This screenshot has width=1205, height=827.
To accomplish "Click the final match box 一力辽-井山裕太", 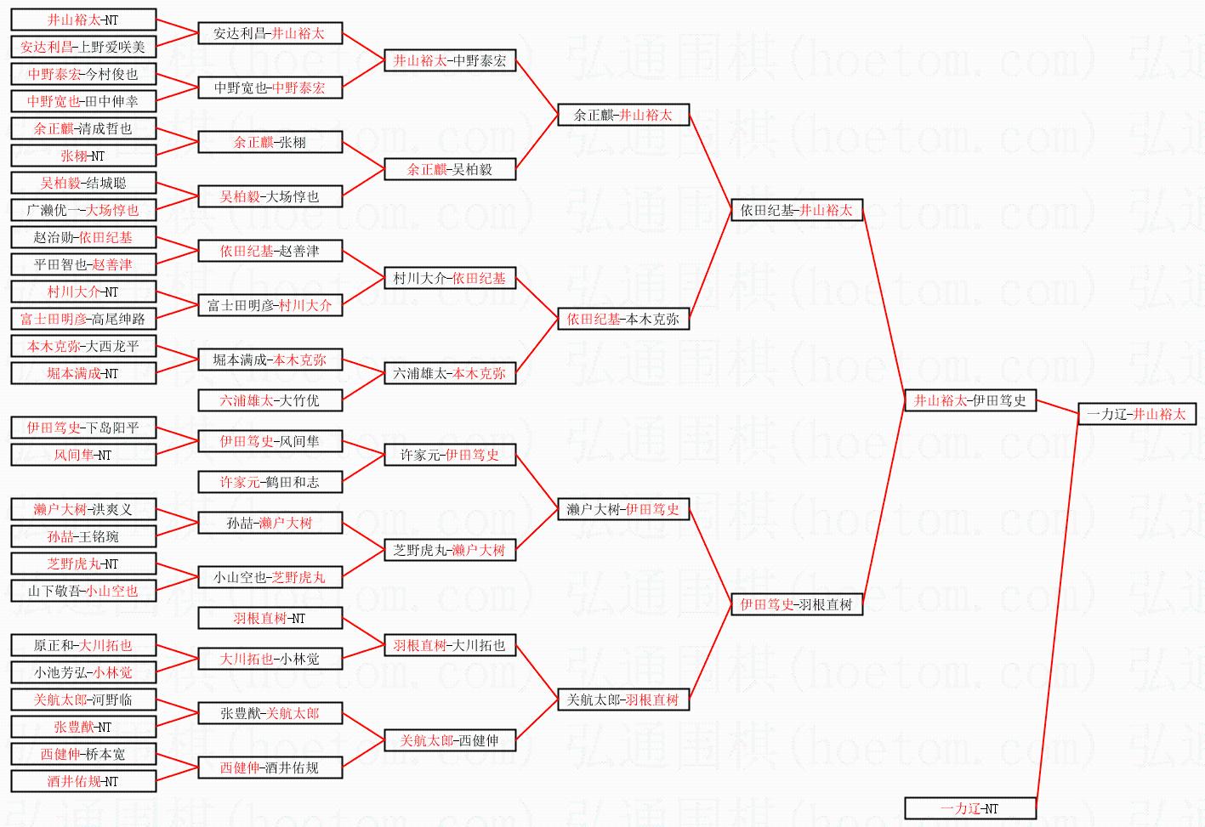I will point(1136,414).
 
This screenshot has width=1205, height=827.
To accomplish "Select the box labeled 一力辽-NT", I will point(970,808).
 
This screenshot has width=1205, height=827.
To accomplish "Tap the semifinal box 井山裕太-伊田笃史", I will point(970,400).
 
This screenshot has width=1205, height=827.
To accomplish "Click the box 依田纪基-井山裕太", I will point(797,210).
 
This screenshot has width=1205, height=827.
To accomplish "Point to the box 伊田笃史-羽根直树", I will point(797,604).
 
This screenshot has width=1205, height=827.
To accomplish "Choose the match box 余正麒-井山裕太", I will point(623,115).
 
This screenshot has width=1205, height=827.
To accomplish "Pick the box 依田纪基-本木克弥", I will point(623,319).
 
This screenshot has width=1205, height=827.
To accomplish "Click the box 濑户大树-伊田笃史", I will point(623,509).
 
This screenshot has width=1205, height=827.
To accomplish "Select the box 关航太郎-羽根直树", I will point(623,700).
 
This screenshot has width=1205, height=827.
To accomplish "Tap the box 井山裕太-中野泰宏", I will point(450,60).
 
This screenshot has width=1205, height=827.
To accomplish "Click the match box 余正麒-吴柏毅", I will point(450,169).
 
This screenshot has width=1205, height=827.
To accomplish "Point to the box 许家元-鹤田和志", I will point(270,482).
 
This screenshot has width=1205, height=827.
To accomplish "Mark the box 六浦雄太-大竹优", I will point(270,400).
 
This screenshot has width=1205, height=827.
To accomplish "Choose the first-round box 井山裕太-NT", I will point(83,20).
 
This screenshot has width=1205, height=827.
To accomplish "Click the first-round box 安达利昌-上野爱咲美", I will point(83,47).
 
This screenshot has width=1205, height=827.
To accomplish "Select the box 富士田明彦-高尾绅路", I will point(83,319).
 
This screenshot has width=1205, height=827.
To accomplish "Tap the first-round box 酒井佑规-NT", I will point(83,781).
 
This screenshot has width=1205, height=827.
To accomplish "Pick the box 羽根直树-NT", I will point(270,618).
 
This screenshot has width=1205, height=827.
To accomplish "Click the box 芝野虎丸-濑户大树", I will point(450,550).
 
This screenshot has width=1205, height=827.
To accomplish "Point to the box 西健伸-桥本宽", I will point(83,754).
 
